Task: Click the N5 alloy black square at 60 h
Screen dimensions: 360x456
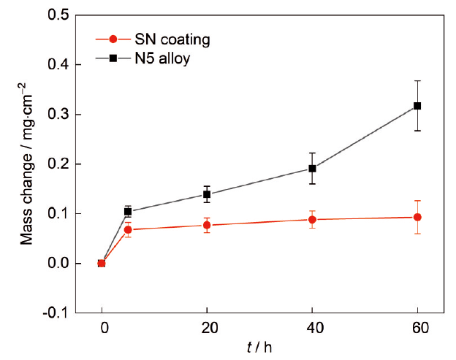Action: point(417,106)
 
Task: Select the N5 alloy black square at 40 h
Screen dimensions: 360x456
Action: point(312,169)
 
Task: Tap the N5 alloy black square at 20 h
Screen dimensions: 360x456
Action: point(207,194)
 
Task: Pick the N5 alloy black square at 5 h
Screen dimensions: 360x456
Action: point(128,212)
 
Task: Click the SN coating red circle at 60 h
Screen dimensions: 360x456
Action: point(417,217)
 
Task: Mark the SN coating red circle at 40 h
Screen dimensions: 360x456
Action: point(312,220)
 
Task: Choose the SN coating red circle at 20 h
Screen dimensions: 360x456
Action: point(207,225)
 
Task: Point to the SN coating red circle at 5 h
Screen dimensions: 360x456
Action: point(128,230)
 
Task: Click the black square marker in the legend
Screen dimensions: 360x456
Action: point(111,58)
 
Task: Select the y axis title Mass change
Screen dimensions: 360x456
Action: point(28,164)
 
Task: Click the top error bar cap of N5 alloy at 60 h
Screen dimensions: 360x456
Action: point(417,81)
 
